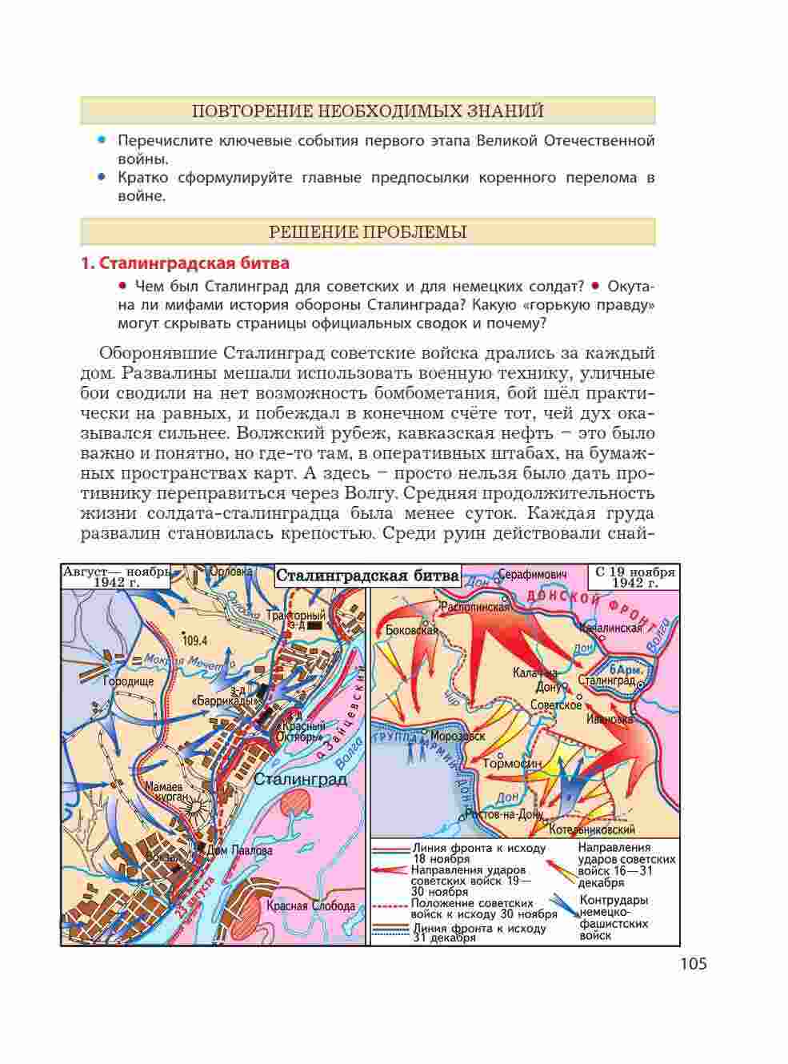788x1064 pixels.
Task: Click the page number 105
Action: pyautogui.click(x=693, y=964)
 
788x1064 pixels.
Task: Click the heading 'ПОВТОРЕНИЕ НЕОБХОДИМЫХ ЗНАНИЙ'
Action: pyautogui.click(x=368, y=110)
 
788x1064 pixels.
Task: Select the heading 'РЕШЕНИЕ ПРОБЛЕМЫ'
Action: pyautogui.click(x=368, y=232)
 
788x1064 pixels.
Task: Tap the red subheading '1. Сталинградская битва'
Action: pyautogui.click(x=186, y=263)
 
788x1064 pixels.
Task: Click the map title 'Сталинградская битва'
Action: pyautogui.click(x=367, y=576)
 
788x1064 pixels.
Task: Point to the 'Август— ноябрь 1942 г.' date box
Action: pyautogui.click(x=116, y=576)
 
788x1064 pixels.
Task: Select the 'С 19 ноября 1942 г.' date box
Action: pyautogui.click(x=634, y=577)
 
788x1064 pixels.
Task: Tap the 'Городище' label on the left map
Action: pyautogui.click(x=128, y=681)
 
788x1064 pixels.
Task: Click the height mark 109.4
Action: pyautogui.click(x=194, y=640)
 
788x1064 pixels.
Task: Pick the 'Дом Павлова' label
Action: pyautogui.click(x=241, y=851)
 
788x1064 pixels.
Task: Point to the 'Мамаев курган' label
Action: pyautogui.click(x=167, y=792)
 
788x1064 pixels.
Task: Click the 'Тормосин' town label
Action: pyautogui.click(x=513, y=764)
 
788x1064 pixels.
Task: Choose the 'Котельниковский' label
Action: pyautogui.click(x=592, y=830)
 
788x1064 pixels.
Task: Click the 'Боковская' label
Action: pyautogui.click(x=411, y=630)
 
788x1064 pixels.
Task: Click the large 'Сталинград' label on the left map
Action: pyautogui.click(x=300, y=779)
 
